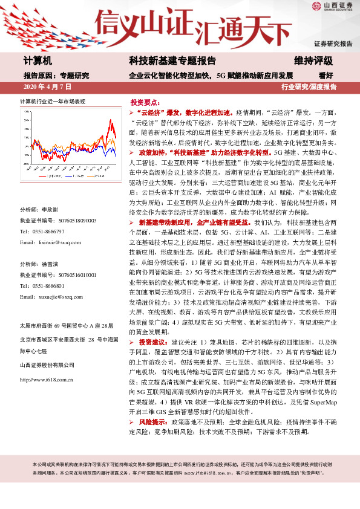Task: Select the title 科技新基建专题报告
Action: pos(172,61)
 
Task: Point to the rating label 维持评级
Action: pos(313,61)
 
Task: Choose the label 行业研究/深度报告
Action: pos(309,87)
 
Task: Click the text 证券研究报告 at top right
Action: pos(332,44)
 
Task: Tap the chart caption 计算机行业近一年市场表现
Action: pos(53,101)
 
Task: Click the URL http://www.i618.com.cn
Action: pos(47,380)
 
